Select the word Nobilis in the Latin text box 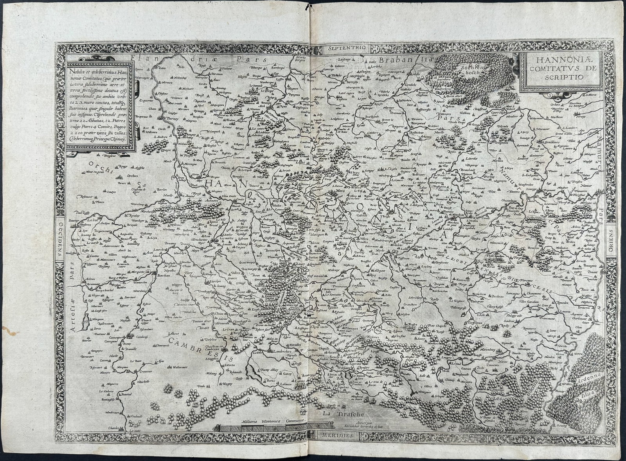77,71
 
